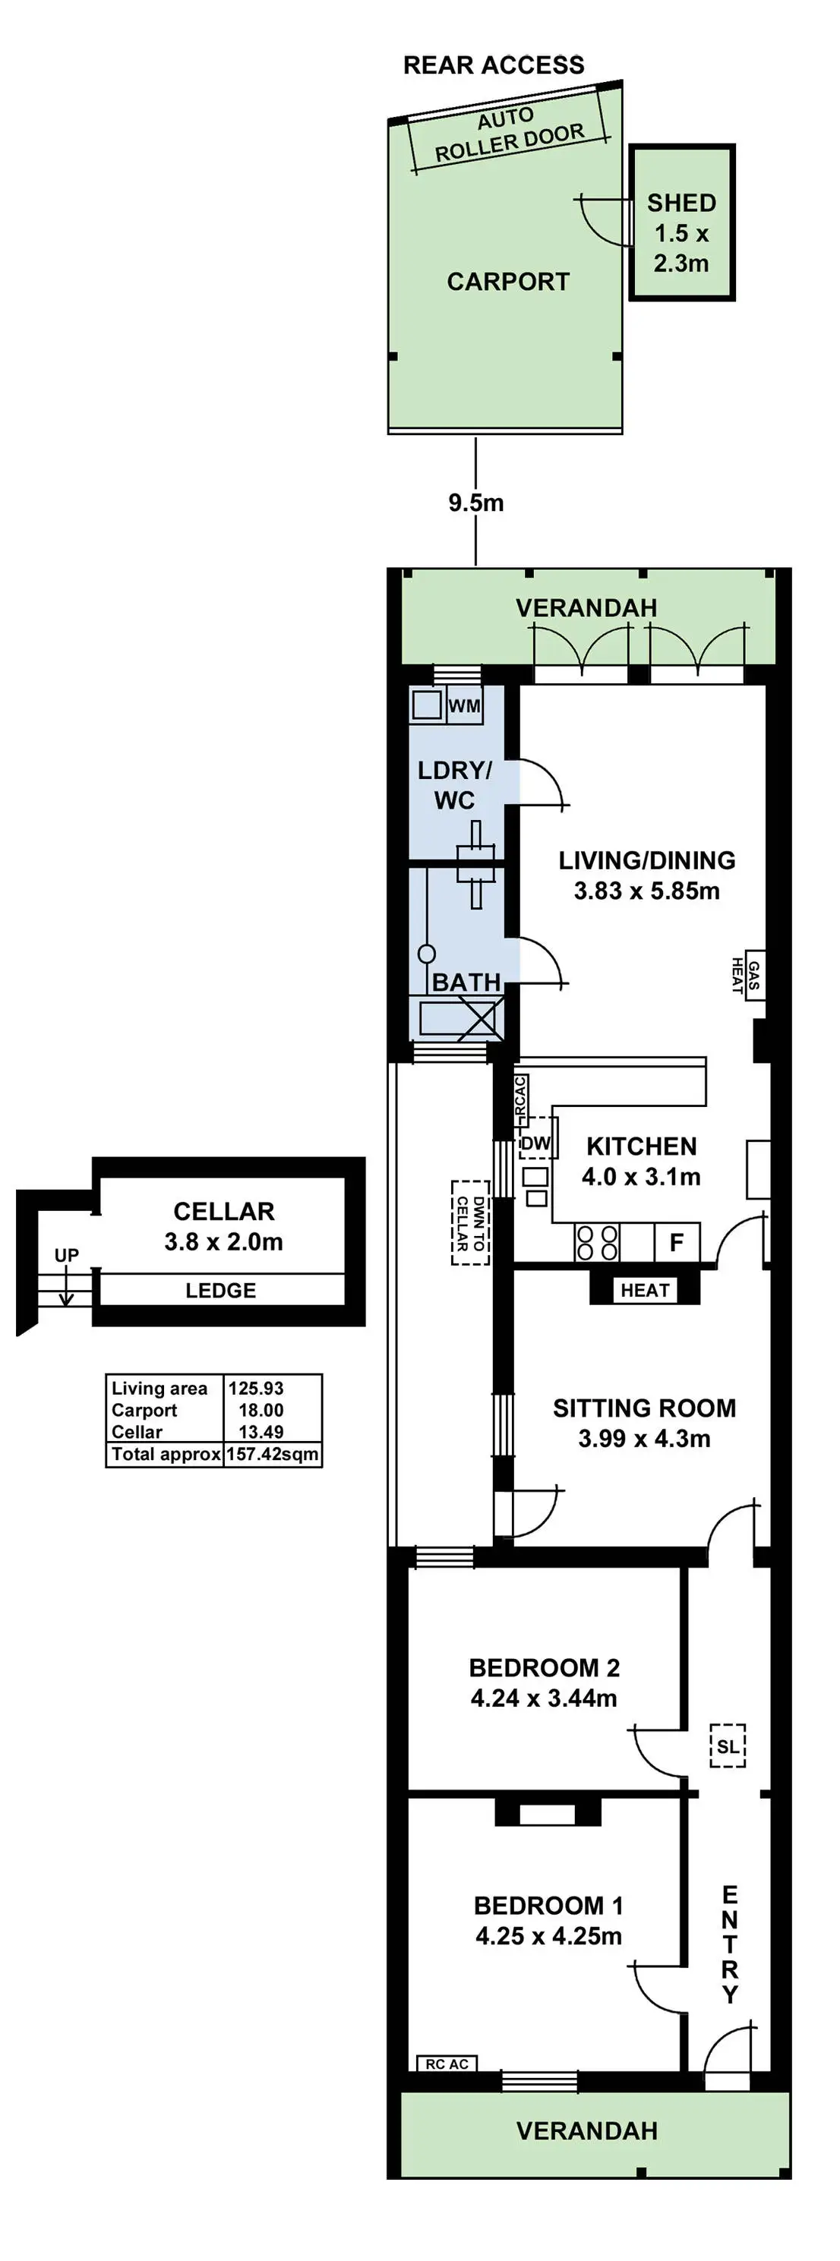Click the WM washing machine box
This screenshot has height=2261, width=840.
(464, 705)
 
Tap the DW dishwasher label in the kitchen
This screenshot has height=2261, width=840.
(535, 1143)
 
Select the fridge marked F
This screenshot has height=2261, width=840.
(677, 1242)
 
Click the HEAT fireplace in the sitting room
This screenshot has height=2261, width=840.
(645, 1289)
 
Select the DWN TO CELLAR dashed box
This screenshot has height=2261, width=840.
(470, 1222)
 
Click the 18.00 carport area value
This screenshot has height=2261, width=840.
(261, 1410)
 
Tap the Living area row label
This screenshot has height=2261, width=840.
(159, 1388)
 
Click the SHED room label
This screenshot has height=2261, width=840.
(681, 203)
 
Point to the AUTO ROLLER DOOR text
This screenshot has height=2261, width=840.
(508, 134)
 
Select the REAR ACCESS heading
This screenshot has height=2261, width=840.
(494, 65)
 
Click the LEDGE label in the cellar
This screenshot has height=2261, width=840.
(220, 1290)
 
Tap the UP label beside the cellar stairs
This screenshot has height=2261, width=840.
(67, 1255)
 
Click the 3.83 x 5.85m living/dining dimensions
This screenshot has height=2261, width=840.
(647, 891)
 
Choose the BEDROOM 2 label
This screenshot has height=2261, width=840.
(545, 1668)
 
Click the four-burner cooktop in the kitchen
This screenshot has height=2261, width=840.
(597, 1243)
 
